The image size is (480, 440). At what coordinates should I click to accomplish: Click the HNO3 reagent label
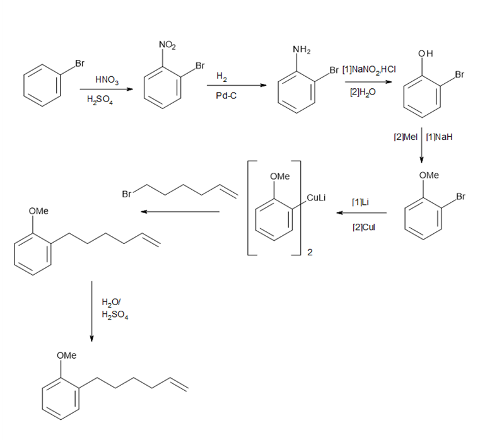105,79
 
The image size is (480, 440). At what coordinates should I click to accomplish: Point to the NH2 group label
301,50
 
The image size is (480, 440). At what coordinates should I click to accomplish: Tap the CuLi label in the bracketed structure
315,198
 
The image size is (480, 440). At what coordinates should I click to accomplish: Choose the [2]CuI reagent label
363,226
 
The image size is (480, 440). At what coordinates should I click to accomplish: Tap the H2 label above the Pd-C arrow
221,76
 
